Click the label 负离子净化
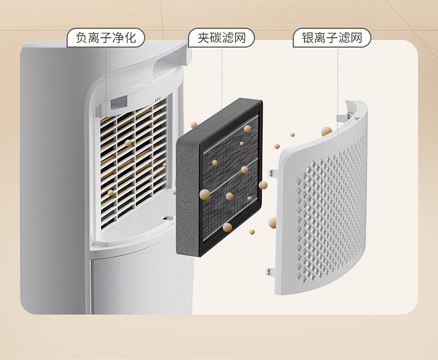[x=105, y=38]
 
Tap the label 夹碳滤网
[x=221, y=38]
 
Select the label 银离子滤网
[x=332, y=38]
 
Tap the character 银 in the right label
[x=308, y=38]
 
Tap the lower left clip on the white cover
[x=271, y=272]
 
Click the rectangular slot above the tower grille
[x=119, y=102]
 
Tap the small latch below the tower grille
[x=165, y=219]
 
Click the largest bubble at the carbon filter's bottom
[x=227, y=227]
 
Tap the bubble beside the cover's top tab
[x=327, y=132]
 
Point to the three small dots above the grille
[x=158, y=100]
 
